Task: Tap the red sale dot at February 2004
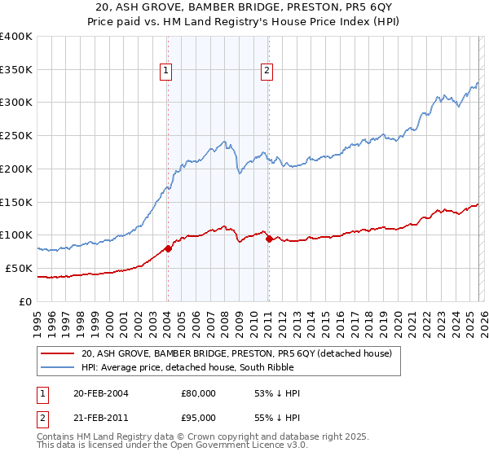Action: pyautogui.click(x=168, y=248)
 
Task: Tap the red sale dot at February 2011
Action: pyautogui.click(x=268, y=239)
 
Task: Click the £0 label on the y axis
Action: pyautogui.click(x=24, y=301)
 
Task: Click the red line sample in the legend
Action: pyautogui.click(x=58, y=353)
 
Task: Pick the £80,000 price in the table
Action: pyautogui.click(x=199, y=393)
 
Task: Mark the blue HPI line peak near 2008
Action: pyautogui.click(x=224, y=142)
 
